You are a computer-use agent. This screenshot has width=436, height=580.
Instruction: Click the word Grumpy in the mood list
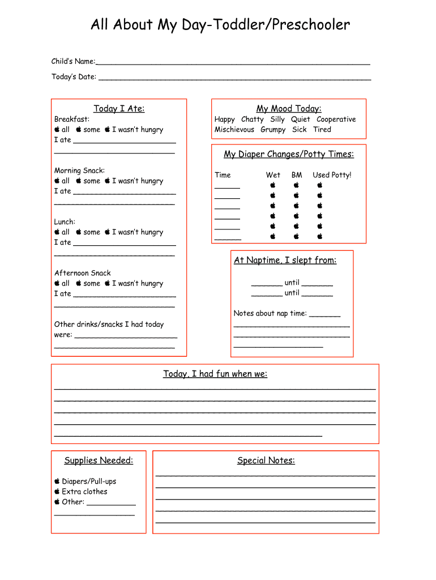pos(273,130)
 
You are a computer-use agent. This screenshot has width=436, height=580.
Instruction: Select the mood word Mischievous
pos(234,130)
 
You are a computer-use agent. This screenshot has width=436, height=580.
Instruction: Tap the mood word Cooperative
pos(336,120)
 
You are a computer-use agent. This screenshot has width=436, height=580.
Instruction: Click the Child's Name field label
pos(73,61)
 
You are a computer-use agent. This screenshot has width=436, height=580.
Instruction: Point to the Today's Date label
pos(74,77)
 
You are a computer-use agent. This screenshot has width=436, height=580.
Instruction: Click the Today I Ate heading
pos(119,109)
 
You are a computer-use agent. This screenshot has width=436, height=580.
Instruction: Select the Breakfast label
pos(72,120)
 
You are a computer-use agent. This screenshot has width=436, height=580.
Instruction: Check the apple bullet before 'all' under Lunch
pos(57,232)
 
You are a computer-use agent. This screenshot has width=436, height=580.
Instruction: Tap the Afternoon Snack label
pos(83,273)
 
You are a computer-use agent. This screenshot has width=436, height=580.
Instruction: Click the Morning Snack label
pos(79,170)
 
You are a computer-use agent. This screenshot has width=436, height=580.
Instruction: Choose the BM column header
pos(297,175)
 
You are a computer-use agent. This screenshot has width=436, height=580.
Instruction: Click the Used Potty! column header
pos(332,175)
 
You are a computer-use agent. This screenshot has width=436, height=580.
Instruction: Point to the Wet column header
pos(273,175)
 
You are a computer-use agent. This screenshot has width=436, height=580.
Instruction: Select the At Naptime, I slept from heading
pos(285,261)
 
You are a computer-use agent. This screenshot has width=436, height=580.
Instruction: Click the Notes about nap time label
pos(270,313)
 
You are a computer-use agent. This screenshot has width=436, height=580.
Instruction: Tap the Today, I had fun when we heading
pos(215,374)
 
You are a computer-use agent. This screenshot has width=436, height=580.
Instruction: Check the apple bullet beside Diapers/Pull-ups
pos(57,481)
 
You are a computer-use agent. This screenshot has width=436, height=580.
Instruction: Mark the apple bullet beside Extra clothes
pos(57,492)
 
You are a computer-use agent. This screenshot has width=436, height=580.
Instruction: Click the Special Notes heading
pos(266,460)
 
